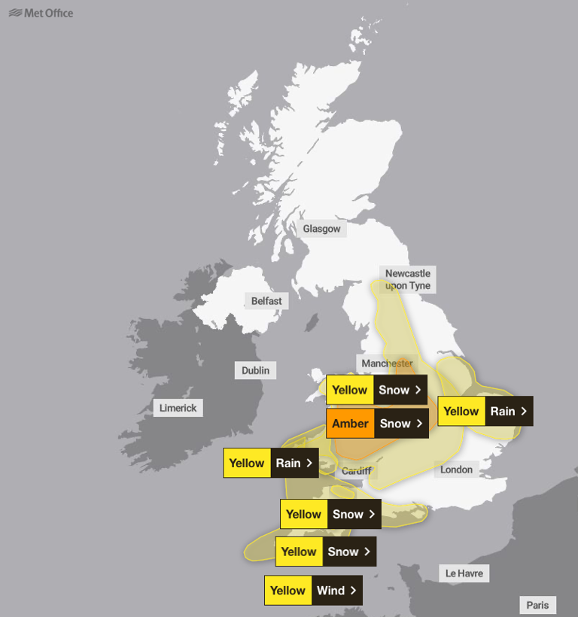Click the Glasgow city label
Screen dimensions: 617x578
coord(321,229)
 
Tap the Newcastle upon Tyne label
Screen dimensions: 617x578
coord(408,279)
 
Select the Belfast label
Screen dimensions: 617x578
coord(266,301)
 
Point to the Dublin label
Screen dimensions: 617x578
coord(255,370)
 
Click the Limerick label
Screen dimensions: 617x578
coord(178,408)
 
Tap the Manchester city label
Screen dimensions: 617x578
coord(387,363)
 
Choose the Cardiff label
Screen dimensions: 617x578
coord(356,471)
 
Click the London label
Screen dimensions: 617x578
coord(456,470)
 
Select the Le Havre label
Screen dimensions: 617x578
coord(464,573)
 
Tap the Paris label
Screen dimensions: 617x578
coord(538,605)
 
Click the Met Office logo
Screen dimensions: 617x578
coord(41,13)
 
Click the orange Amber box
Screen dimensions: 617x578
coord(350,424)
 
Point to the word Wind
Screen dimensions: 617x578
coord(330,591)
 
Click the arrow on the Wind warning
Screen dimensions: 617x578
coord(353,591)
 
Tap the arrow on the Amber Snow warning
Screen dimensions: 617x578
coord(418,424)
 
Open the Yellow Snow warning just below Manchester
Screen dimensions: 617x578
coord(376,390)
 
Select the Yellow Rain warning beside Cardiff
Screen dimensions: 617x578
coord(270,463)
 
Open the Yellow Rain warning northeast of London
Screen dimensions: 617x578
coord(485,411)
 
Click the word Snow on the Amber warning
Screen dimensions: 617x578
coord(395,424)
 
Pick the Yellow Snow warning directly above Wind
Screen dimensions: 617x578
coord(325,552)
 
